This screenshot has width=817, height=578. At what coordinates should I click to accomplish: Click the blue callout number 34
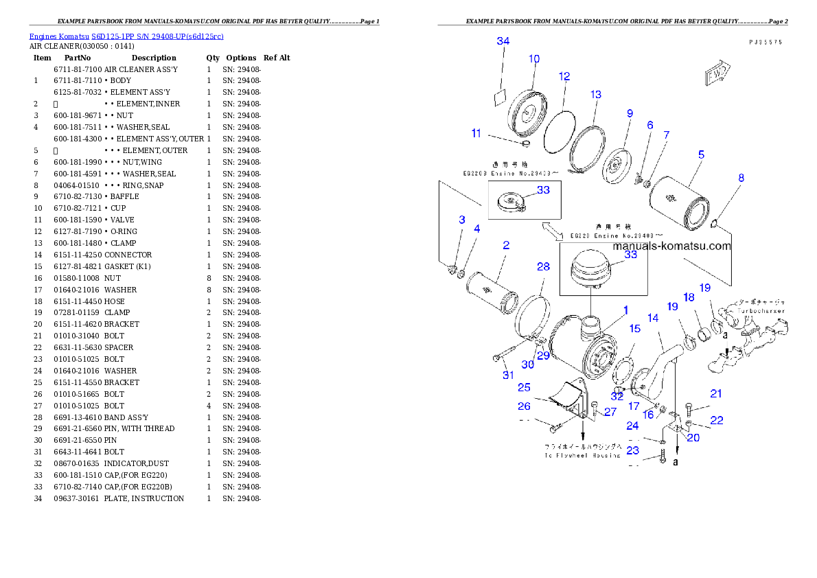pos(503,41)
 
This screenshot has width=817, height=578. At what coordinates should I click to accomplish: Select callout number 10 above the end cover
pos(534,59)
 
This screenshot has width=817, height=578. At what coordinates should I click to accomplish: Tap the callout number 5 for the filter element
pos(701,155)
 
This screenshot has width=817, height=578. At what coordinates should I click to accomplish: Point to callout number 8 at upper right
pos(741,178)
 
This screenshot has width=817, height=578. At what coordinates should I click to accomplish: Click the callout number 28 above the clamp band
pos(543,266)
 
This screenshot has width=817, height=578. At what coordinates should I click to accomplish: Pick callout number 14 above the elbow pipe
pos(653,318)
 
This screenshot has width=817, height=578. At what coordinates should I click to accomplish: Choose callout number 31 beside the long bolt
pos(508,375)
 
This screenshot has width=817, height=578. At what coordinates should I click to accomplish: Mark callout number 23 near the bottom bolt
pos(632,451)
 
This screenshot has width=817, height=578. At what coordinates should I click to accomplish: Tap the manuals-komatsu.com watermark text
pos(671,246)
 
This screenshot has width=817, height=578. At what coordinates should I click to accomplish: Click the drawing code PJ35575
pos(766,42)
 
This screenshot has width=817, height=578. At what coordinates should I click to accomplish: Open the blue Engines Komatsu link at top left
pos(126,36)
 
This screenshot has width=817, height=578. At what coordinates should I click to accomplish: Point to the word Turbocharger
pos(763,310)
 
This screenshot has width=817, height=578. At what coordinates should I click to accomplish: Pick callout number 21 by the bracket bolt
pos(716,394)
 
